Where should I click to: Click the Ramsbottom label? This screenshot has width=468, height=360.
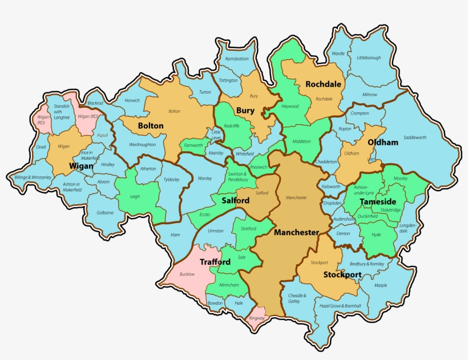[x=237, y=59]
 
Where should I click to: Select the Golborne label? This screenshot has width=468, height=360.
[x=105, y=213]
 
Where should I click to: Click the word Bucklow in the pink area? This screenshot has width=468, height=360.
[x=187, y=274]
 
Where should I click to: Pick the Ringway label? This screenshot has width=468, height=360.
[x=257, y=317]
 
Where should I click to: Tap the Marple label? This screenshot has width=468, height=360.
[x=381, y=285]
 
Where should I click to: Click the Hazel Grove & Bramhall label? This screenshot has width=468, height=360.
[x=341, y=306]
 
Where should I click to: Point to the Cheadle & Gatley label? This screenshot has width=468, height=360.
[x=297, y=298]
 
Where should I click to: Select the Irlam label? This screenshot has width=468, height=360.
[x=175, y=234]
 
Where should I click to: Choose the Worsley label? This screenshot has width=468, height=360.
[x=204, y=179]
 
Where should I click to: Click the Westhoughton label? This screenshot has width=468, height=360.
[x=142, y=144]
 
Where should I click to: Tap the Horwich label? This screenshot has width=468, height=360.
[x=132, y=100]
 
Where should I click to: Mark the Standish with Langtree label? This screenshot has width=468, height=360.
[x=61, y=112]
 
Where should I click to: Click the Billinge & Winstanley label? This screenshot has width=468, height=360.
[x=33, y=177]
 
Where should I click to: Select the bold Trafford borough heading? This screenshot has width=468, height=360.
[x=215, y=262]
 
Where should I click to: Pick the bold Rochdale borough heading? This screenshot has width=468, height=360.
[x=323, y=84]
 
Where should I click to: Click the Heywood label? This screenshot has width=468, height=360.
[x=290, y=106]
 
